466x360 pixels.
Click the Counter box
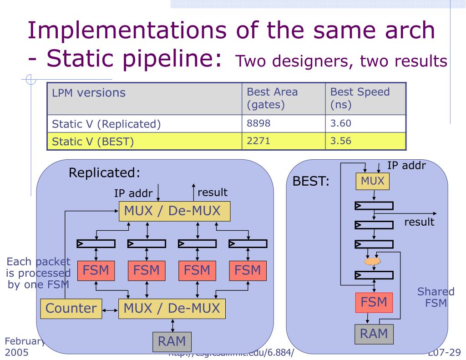(x=71, y=309)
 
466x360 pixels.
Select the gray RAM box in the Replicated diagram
(x=172, y=341)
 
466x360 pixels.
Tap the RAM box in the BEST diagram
(x=374, y=334)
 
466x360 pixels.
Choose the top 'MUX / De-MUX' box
(x=175, y=211)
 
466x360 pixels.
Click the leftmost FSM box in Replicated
(x=96, y=271)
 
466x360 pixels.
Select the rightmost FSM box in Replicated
(x=248, y=271)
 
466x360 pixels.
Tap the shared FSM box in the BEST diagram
(x=374, y=302)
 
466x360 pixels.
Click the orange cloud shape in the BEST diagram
(x=372, y=262)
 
